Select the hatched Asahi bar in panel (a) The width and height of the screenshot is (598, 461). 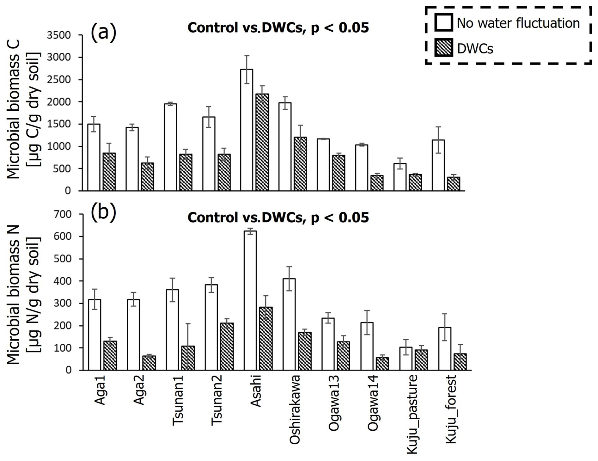262,142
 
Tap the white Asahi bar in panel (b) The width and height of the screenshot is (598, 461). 250,300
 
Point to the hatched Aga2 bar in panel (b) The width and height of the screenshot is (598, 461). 149,363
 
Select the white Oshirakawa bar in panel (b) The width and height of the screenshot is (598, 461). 289,324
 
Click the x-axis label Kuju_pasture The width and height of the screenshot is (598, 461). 412,414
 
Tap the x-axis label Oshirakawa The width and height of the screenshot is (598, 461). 295,410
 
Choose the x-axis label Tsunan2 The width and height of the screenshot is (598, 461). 217,400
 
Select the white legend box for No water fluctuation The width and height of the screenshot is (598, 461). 443,22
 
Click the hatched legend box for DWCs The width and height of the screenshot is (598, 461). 443,48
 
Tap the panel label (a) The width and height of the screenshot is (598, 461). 103,32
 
